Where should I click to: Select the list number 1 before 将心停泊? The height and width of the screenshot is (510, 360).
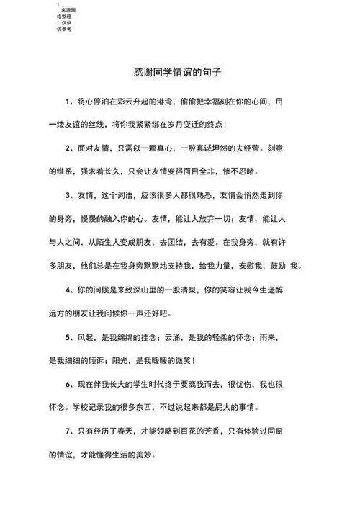66,102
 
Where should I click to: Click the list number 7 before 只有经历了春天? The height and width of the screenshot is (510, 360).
66,431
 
